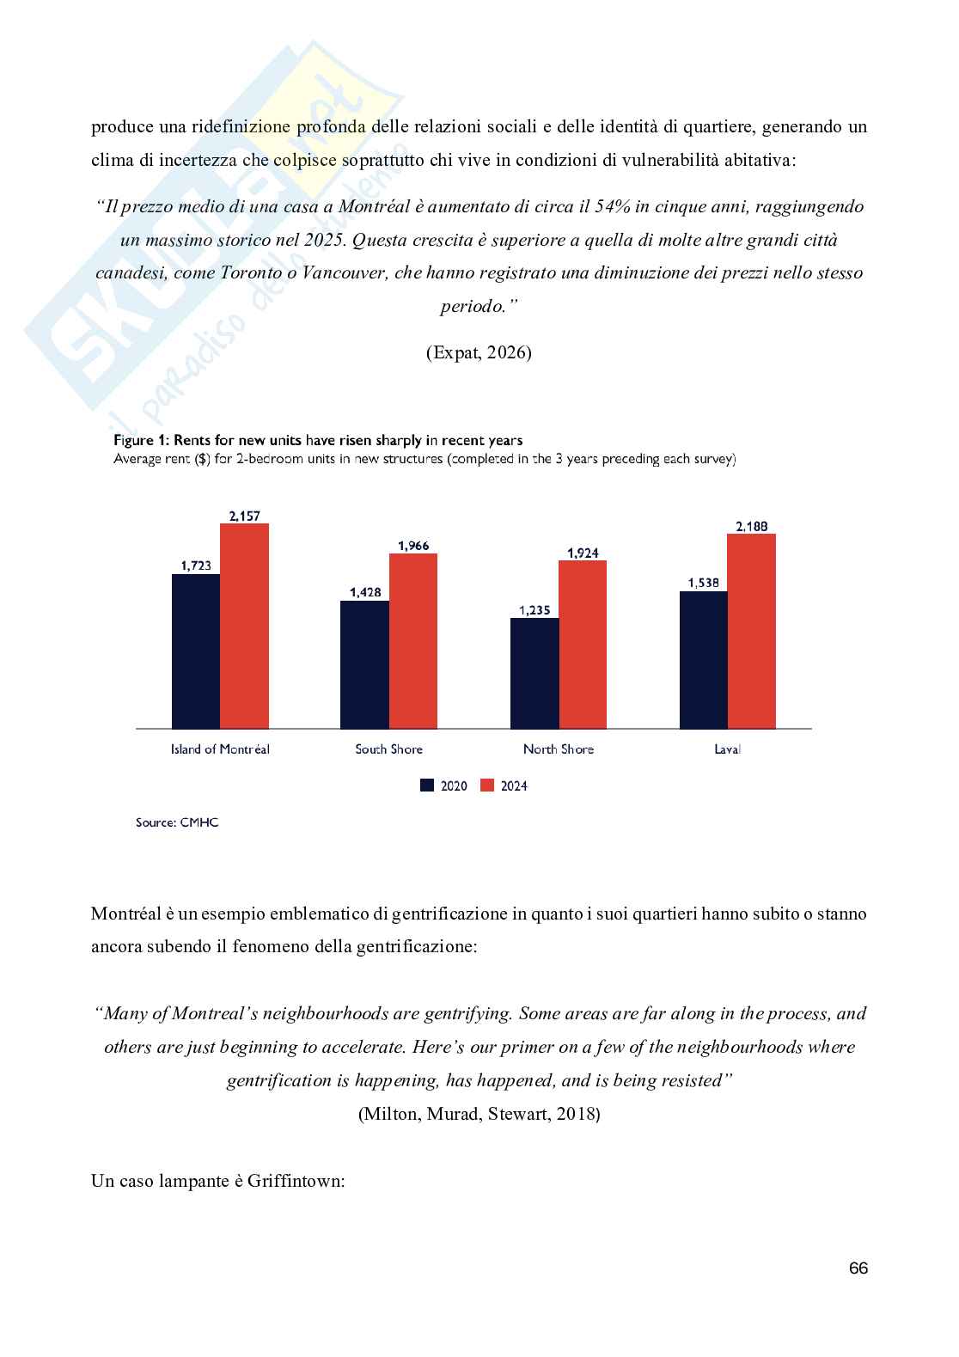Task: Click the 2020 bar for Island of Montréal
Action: [196, 651]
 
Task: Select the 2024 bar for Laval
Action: [751, 631]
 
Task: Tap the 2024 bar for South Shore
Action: [413, 641]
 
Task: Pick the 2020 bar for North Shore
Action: [534, 673]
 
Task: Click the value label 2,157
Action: [244, 517]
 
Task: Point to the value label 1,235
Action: [534, 610]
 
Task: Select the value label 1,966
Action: [413, 546]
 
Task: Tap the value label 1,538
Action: [703, 583]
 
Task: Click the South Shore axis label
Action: [389, 749]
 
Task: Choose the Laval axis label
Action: [727, 749]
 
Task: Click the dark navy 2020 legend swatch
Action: [427, 785]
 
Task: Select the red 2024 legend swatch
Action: [487, 785]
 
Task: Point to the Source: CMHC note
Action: [177, 822]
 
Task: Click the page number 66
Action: [858, 1268]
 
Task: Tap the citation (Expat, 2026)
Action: [479, 352]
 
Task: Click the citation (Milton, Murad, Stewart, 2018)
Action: [479, 1114]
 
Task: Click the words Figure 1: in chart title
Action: [142, 440]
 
